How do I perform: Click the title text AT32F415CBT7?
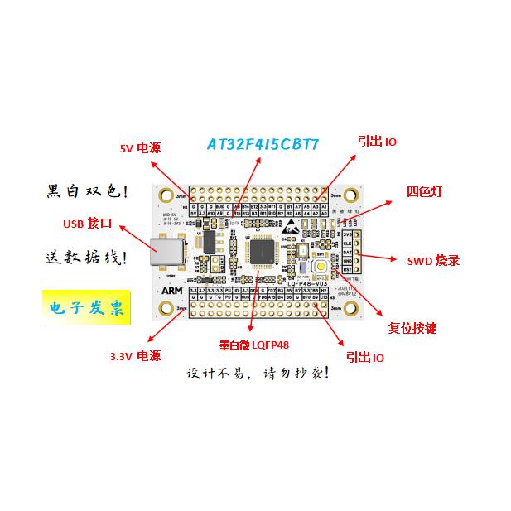coord(262,144)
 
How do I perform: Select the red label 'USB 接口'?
coord(87,224)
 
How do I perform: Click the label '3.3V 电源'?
coord(134,356)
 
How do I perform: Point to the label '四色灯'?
coord(424,191)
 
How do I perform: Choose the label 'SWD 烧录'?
coord(433,260)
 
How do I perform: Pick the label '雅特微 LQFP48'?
coord(253,345)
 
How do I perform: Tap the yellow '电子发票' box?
coord(86,309)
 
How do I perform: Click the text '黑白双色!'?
coord(86,192)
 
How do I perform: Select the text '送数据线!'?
coord(86,258)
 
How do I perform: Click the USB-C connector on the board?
coord(167,252)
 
